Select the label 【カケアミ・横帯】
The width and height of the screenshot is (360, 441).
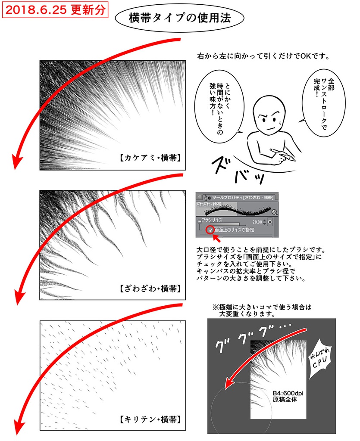coord(149,158)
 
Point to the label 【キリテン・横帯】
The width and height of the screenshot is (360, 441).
coord(149,419)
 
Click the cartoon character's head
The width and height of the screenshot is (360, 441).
coord(267,118)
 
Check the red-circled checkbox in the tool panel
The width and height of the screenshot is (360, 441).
coord(210,230)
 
